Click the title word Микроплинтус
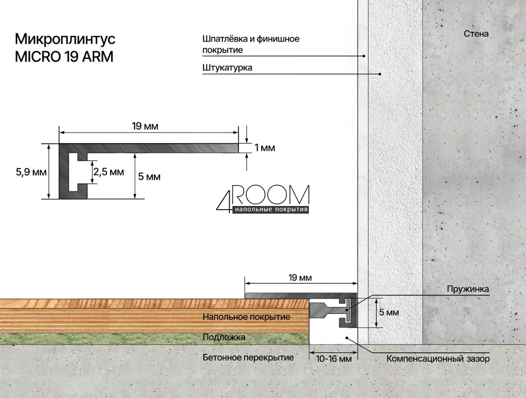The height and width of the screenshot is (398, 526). tap(65, 39)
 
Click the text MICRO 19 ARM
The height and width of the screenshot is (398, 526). tap(64, 56)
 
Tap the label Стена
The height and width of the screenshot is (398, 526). tap(476, 34)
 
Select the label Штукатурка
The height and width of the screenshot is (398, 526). tap(227, 67)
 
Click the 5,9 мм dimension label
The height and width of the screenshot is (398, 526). tap(31, 172)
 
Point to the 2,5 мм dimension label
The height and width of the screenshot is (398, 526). tap(109, 172)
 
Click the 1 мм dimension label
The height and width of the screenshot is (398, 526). tap(265, 148)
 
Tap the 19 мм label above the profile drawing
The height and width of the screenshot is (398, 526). tap(145, 126)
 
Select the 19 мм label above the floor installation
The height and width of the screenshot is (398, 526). tap(300, 277)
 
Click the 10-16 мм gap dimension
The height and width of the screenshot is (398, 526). tap(334, 359)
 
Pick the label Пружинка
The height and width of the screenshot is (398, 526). tap(468, 289)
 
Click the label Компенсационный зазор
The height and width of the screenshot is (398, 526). tap(438, 358)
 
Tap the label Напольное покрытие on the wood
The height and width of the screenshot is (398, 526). tap(246, 317)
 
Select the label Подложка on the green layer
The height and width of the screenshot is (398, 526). tap(224, 337)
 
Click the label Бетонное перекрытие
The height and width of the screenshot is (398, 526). tap(248, 358)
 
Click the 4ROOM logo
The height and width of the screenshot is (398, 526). tap(263, 199)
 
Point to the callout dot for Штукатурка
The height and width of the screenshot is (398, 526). tap(380, 74)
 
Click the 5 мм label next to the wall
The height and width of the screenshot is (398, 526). tap(389, 313)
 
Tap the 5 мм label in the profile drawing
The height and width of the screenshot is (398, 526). tap(149, 177)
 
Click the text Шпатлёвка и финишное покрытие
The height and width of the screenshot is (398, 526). tap(250, 44)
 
